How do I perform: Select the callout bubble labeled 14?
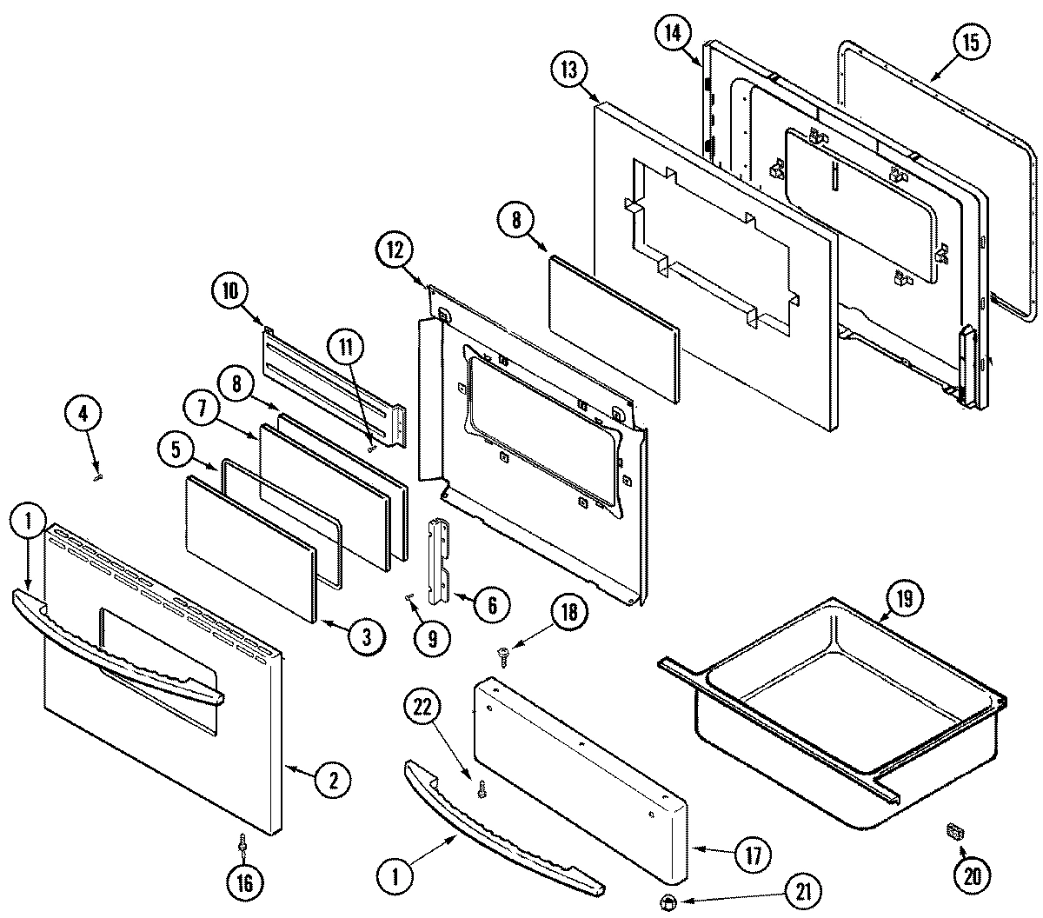tap(672, 34)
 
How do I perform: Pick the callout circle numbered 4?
tap(83, 415)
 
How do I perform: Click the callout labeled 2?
tap(332, 780)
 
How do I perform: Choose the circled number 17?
tap(752, 855)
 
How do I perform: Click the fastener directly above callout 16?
tap(242, 842)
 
